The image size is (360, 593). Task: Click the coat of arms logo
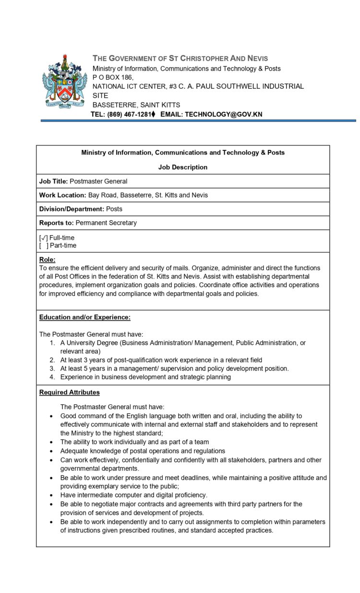(x=64, y=82)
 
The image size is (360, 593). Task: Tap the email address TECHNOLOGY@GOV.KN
(x=223, y=114)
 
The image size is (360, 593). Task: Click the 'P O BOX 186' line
(x=113, y=77)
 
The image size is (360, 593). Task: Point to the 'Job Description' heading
(x=183, y=167)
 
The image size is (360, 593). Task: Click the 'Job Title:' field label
(x=53, y=181)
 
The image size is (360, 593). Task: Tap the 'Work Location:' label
(x=62, y=195)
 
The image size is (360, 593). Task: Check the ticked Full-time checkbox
(x=43, y=238)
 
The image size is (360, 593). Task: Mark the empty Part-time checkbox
(x=43, y=245)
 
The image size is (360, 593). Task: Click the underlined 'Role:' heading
(x=48, y=259)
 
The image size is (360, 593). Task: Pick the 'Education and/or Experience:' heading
(x=85, y=317)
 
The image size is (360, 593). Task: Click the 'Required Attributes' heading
(x=70, y=392)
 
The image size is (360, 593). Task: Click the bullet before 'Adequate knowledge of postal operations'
(x=51, y=451)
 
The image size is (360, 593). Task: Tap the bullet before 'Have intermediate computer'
(x=51, y=495)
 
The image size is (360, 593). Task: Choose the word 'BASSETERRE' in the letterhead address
(x=112, y=105)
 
